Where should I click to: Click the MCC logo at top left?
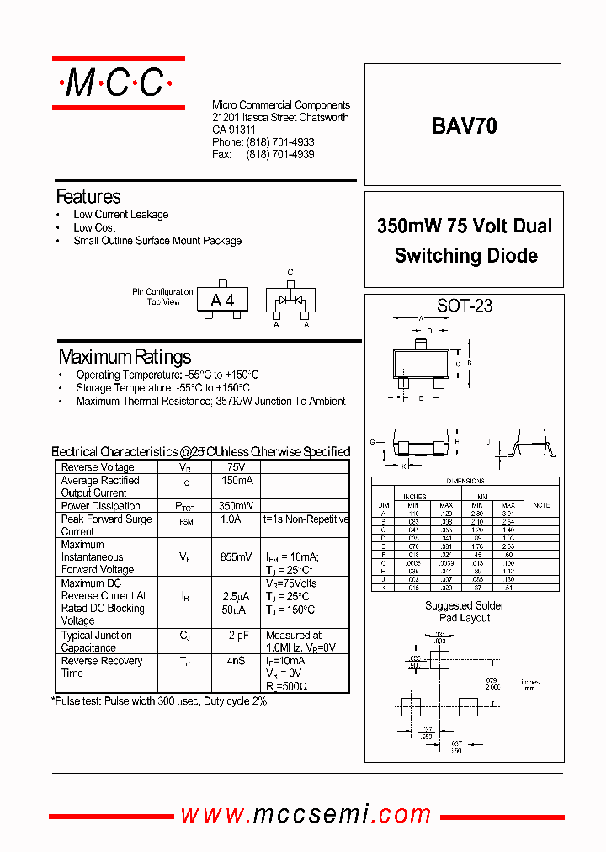pos(118,83)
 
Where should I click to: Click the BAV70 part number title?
pos(464,126)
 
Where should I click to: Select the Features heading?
pos(88,197)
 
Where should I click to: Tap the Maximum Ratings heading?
pos(125,357)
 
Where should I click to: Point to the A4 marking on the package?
pos(222,301)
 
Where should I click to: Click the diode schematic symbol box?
pos(290,301)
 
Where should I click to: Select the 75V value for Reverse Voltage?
pos(236,467)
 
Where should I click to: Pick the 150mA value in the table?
pos(236,481)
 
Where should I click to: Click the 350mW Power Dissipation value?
pos(236,506)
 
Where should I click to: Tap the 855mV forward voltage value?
pos(236,557)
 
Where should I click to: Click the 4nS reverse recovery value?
pos(236,661)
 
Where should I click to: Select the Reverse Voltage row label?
pos(98,467)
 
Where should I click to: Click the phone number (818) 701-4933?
pos(280,143)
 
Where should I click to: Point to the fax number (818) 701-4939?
pos(280,155)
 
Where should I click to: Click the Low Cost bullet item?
pos(94,227)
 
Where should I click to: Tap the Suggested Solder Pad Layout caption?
pos(465,612)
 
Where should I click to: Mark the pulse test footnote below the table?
pos(160,700)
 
